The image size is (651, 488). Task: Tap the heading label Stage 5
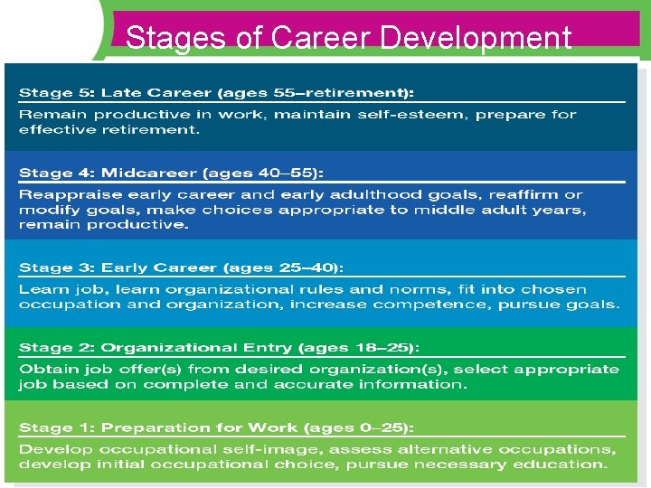[56, 93]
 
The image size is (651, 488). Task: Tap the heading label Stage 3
[56, 267]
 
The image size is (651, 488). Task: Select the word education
[566, 465]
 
